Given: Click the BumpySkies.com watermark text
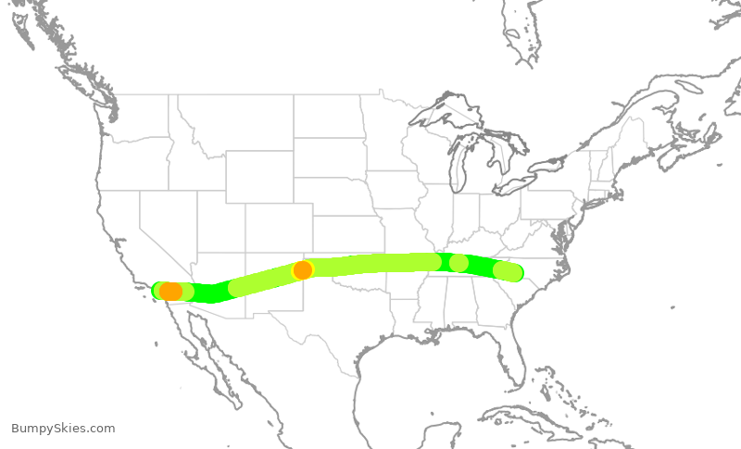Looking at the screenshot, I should tap(63, 428).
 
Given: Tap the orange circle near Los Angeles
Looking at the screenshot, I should tap(170, 291).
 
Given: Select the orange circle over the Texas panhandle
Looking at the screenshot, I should tap(302, 270).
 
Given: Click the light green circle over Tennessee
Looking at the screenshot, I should tap(458, 263).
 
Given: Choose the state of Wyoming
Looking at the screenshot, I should tap(258, 176).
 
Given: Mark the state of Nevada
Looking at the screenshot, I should tap(167, 222).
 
